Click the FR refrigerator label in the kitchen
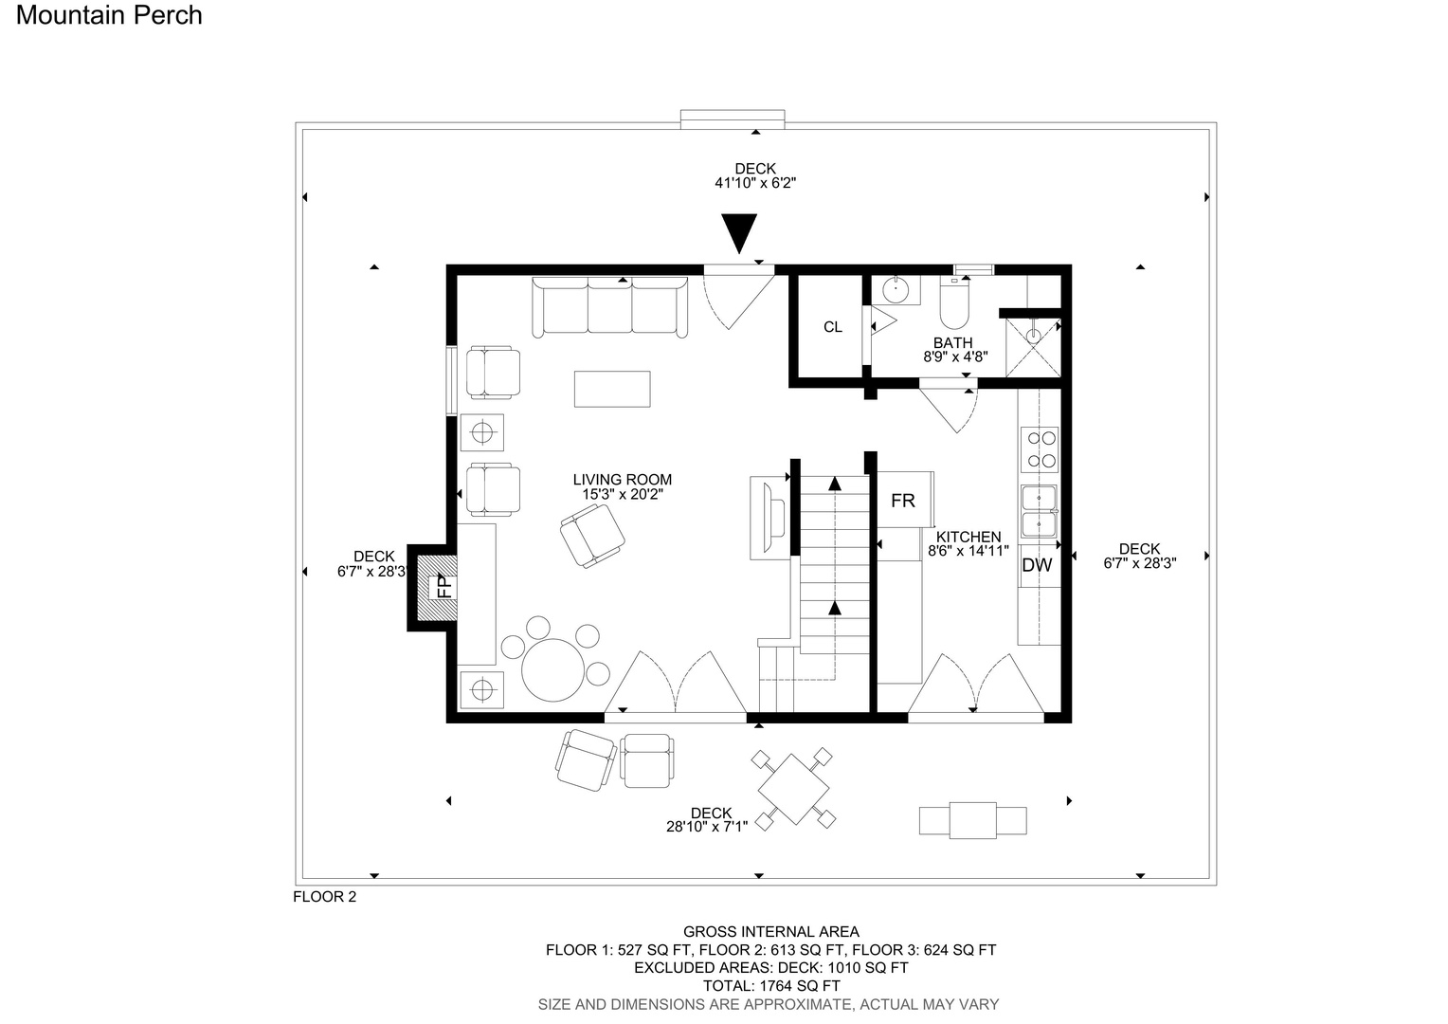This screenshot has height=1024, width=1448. (x=903, y=501)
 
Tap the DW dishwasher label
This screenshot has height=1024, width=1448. (x=1037, y=565)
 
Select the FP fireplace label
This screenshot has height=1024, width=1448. (x=444, y=587)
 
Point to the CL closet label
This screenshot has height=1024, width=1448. (x=833, y=327)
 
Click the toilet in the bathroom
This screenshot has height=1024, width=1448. (x=954, y=304)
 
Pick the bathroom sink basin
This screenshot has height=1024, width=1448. (x=896, y=289)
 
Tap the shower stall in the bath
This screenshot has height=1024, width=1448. (x=1033, y=347)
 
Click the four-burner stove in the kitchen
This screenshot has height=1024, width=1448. (x=1040, y=449)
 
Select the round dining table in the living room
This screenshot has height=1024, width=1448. (x=552, y=669)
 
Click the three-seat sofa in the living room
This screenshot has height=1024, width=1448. (x=609, y=307)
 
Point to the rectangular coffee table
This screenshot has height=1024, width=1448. (x=612, y=389)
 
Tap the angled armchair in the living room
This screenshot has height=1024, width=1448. (x=592, y=537)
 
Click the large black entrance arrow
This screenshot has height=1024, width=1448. (x=739, y=233)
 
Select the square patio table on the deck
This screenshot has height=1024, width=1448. (x=793, y=789)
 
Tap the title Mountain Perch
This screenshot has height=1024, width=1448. (x=109, y=15)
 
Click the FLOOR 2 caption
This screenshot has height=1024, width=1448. (x=324, y=897)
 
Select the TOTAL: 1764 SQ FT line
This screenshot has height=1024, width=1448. (x=771, y=986)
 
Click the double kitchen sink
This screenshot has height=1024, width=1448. (x=1039, y=512)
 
